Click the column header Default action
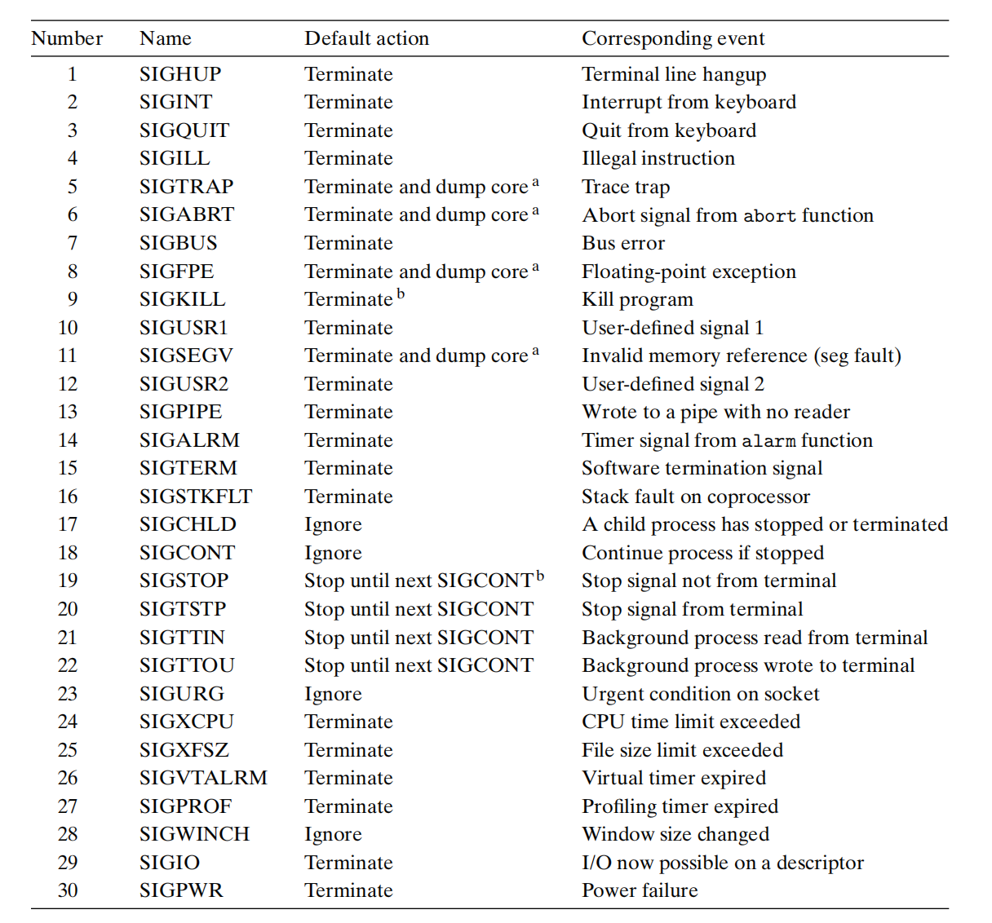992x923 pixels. click(x=366, y=38)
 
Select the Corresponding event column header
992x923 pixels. click(x=673, y=38)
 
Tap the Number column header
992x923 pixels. click(x=67, y=38)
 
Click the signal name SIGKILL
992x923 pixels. click(x=182, y=299)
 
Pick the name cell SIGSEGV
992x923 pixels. click(x=186, y=356)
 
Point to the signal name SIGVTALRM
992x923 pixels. click(x=203, y=778)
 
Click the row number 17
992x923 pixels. click(x=68, y=524)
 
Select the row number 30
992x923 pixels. click(x=68, y=890)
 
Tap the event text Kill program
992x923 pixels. click(x=637, y=299)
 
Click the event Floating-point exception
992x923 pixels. click(x=689, y=272)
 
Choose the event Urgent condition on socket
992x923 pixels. click(x=700, y=694)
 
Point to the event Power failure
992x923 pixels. click(x=640, y=890)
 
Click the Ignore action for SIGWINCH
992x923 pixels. click(x=333, y=834)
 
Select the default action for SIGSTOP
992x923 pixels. click(x=418, y=581)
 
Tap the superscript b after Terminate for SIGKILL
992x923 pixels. click(x=401, y=294)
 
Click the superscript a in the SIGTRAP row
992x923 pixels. click(x=535, y=182)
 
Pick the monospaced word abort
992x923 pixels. click(x=769, y=216)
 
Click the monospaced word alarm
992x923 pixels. click(x=768, y=441)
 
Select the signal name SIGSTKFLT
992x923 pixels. click(x=196, y=497)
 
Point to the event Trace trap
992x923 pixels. click(x=626, y=187)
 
